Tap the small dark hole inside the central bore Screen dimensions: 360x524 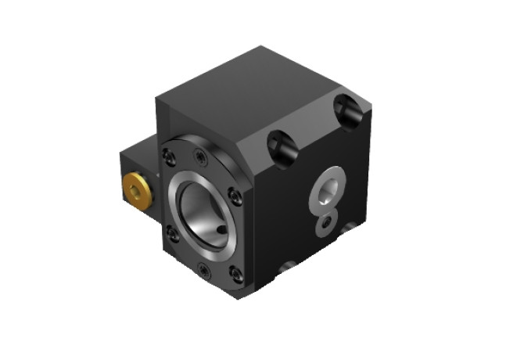(x=222, y=229)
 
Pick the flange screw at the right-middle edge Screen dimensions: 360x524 (x=231, y=196)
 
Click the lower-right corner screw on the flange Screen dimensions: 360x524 (x=234, y=273)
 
